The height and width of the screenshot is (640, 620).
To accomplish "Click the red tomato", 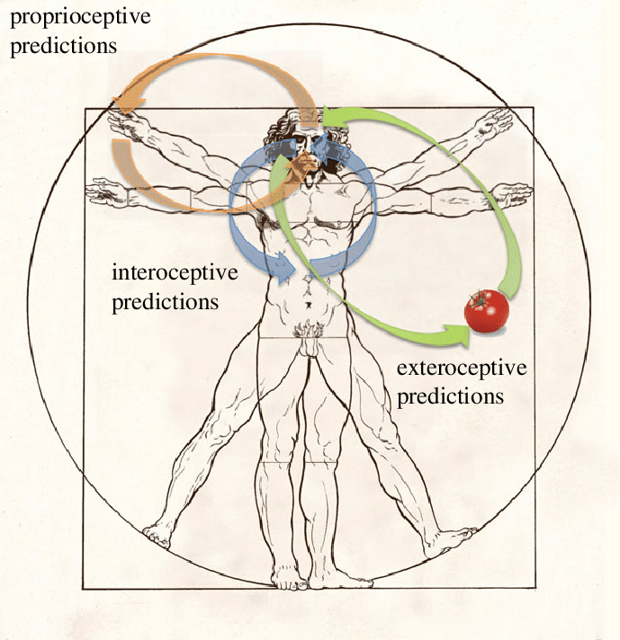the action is (487, 311).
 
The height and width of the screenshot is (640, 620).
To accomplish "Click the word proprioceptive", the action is (80, 17).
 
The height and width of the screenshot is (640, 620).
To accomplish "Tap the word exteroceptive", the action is (461, 368).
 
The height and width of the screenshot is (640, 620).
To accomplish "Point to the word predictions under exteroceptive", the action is (450, 396).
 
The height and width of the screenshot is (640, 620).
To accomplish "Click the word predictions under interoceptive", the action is (165, 300).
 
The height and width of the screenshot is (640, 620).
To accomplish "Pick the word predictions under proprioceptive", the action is (62, 45).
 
